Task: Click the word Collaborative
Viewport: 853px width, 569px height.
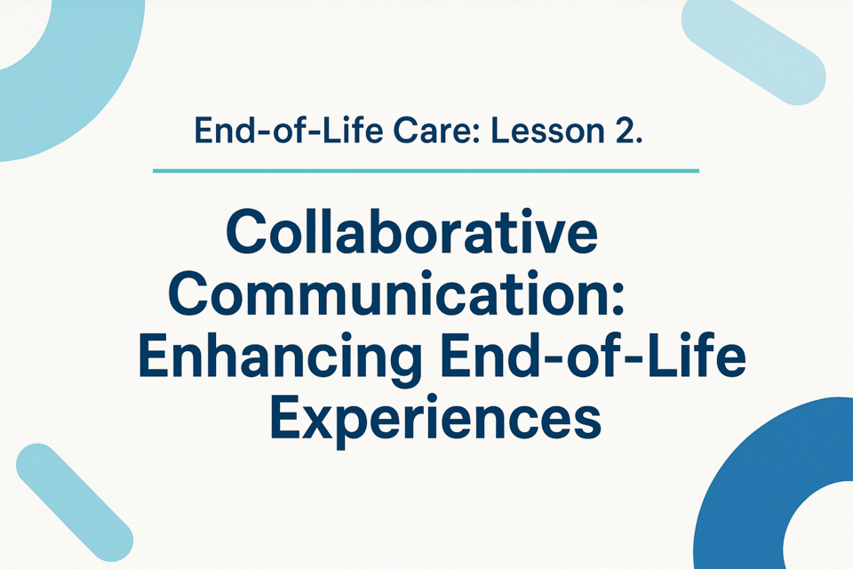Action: click(x=412, y=233)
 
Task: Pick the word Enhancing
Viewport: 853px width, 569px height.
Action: click(x=280, y=357)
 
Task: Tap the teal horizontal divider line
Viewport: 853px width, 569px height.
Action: click(x=426, y=171)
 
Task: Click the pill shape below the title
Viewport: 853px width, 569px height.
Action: click(x=75, y=502)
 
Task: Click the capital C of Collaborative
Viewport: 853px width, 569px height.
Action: click(x=248, y=233)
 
